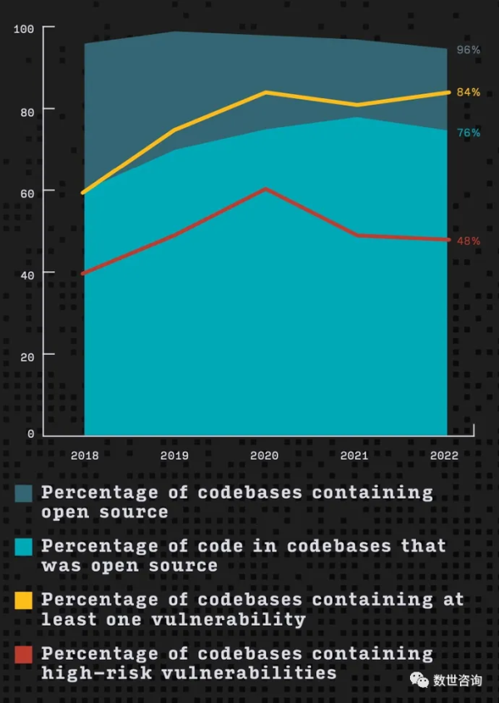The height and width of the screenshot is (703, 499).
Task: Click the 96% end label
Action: (x=468, y=50)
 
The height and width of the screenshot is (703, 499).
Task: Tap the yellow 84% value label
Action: (x=468, y=92)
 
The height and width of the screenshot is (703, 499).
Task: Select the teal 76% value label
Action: (x=468, y=133)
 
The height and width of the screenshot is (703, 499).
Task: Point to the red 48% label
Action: (x=468, y=241)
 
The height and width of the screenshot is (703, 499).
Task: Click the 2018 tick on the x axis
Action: (x=85, y=456)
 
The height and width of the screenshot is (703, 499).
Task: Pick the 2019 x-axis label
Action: (x=175, y=456)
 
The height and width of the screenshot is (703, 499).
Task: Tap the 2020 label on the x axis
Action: (x=264, y=456)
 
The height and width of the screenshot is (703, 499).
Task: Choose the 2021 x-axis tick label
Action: (x=355, y=456)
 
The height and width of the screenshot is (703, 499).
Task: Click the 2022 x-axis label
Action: (x=444, y=456)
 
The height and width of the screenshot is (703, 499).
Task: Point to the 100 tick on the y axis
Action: (x=24, y=29)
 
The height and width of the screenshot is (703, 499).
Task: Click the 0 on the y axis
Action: (x=30, y=434)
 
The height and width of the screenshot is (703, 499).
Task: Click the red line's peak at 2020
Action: (x=264, y=189)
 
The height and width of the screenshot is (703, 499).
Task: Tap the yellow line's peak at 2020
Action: (x=264, y=92)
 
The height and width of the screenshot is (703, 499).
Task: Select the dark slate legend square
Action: (x=24, y=494)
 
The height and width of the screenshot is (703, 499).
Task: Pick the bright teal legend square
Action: (x=24, y=547)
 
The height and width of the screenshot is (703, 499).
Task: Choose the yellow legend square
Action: (x=24, y=600)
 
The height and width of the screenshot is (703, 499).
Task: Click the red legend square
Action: (x=24, y=654)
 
